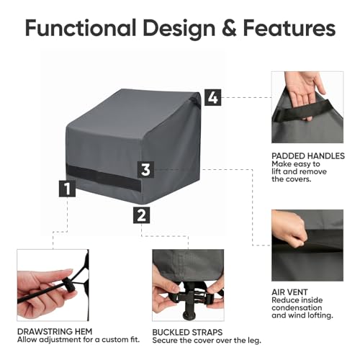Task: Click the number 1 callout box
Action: (x=67, y=189)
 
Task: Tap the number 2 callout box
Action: (x=142, y=214)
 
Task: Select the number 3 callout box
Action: (x=146, y=170)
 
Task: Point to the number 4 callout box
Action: (x=212, y=96)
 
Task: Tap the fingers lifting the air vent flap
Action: (x=284, y=223)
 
